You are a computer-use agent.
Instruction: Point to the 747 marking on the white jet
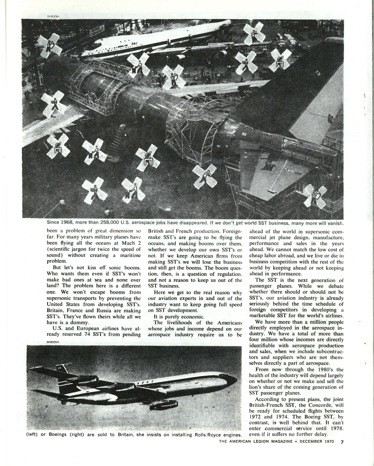coord(134,43)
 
